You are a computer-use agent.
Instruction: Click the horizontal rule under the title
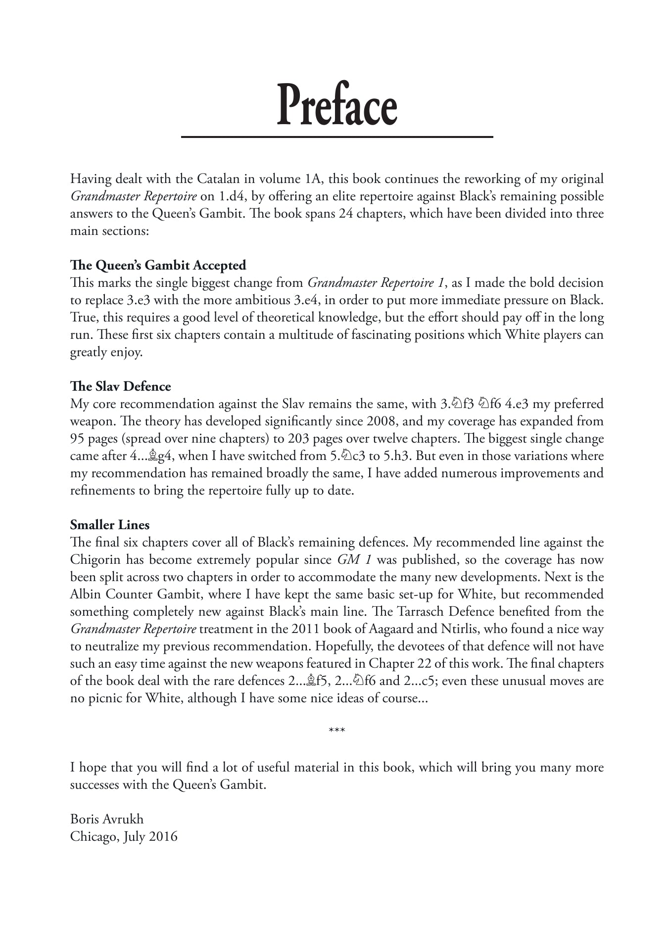click(336, 136)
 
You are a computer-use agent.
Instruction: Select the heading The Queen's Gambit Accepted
click(158, 266)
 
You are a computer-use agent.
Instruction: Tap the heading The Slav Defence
click(120, 386)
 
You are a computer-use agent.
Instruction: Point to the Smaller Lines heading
click(109, 525)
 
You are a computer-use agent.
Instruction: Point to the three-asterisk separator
click(336, 731)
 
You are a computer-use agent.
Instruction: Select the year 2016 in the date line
click(163, 836)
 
